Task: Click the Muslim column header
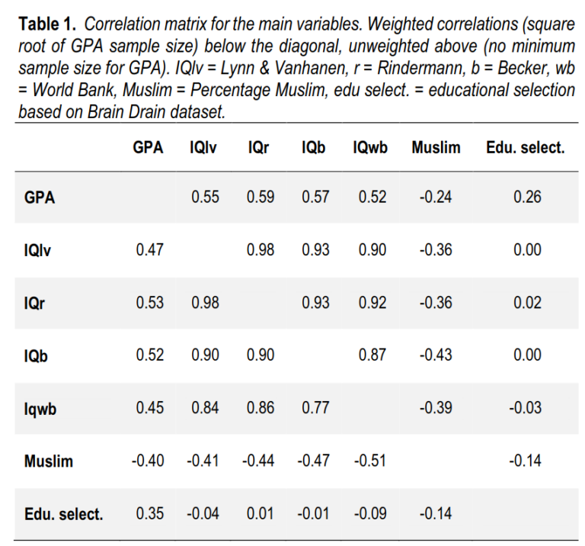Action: (x=436, y=148)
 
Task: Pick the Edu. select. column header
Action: (x=525, y=148)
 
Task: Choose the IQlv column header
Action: (x=203, y=148)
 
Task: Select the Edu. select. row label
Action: (x=63, y=514)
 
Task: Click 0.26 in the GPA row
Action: (x=527, y=198)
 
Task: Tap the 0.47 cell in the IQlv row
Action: (x=149, y=250)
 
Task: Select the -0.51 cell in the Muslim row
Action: (x=369, y=461)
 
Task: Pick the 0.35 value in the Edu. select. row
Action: (x=149, y=514)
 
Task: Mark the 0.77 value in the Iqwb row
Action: (x=315, y=408)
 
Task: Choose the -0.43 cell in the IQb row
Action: (x=436, y=355)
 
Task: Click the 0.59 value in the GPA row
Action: (x=260, y=198)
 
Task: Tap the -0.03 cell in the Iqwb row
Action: (x=527, y=408)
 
